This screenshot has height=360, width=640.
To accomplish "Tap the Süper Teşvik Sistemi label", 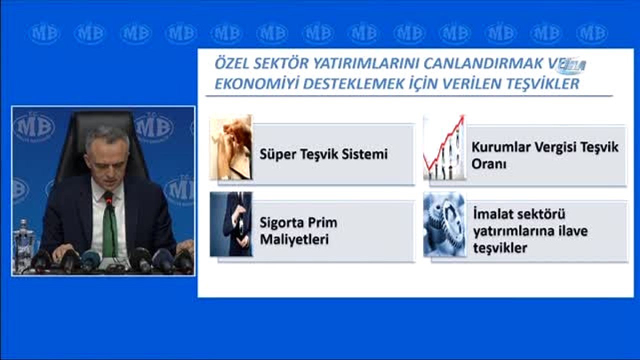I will (323, 154).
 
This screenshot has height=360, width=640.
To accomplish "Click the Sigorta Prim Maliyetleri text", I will (298, 231).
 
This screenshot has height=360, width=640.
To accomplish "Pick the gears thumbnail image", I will (444, 225).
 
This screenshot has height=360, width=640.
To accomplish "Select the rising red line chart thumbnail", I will (444, 148).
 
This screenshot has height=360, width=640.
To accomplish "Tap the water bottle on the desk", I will (23, 245).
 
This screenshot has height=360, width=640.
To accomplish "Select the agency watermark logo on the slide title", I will (571, 65).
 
